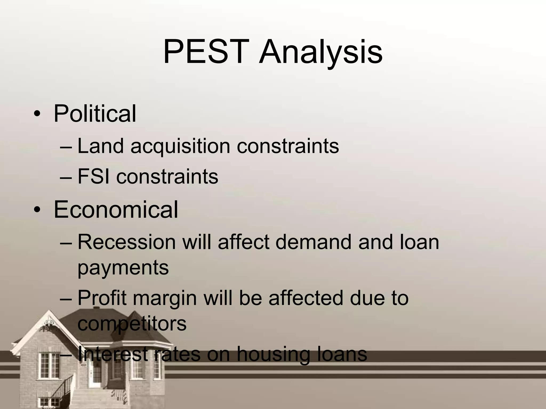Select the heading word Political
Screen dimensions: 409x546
pos(95,114)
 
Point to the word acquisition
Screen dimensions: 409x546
pos(180,146)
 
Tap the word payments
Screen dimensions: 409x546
pos(123,268)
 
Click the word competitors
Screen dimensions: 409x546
pos(132,324)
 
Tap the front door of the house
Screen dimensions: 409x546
pos(95,374)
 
